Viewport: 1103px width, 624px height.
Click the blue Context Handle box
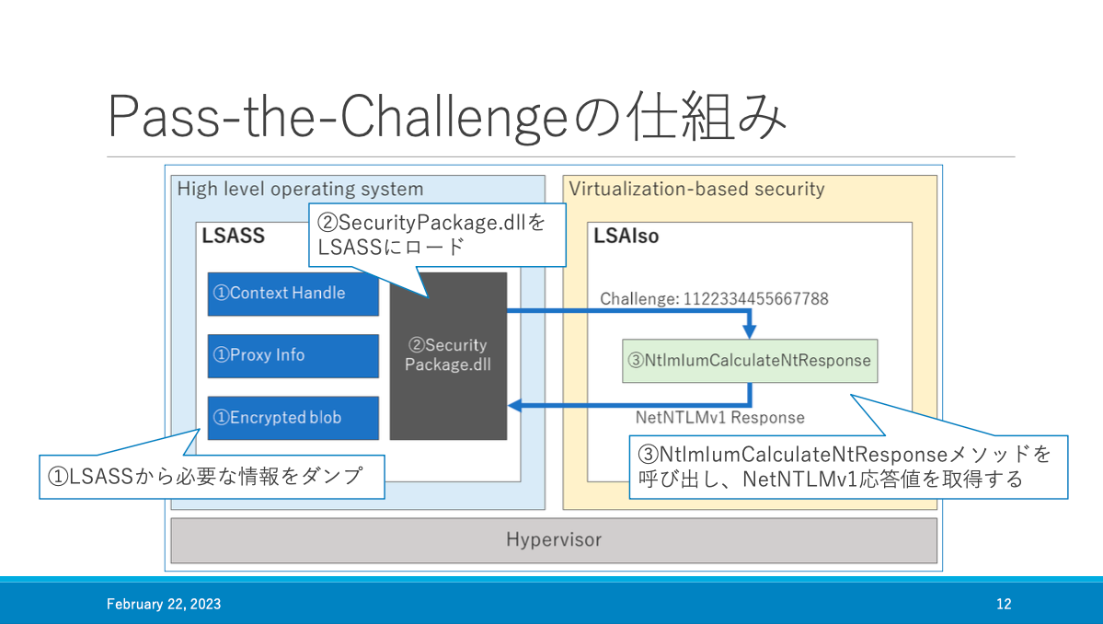click(293, 294)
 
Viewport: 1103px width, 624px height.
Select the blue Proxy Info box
click(293, 355)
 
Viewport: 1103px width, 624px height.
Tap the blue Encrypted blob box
click(293, 418)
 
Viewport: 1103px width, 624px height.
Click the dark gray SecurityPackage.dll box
click(448, 356)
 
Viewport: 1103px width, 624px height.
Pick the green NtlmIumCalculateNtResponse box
click(750, 361)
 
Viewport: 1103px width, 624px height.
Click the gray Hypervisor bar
click(554, 540)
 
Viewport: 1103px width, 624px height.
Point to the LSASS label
click(234, 236)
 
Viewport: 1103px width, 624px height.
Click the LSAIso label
click(626, 236)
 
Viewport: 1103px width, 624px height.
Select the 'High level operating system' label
click(301, 190)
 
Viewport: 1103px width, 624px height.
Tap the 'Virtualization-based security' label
click(696, 190)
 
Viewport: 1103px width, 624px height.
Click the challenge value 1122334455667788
click(756, 299)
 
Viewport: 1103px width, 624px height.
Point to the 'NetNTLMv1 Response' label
click(719, 418)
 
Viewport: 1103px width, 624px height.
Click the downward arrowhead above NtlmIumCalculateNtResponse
click(750, 331)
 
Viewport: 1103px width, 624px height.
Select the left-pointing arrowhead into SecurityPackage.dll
click(515, 405)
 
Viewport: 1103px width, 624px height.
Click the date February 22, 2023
click(164, 605)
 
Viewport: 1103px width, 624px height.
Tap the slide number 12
click(1004, 605)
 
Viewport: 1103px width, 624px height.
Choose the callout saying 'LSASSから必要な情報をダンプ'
click(212, 477)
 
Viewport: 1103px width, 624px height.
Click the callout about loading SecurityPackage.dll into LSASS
click(437, 235)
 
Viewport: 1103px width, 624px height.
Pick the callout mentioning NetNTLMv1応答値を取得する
click(848, 468)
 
